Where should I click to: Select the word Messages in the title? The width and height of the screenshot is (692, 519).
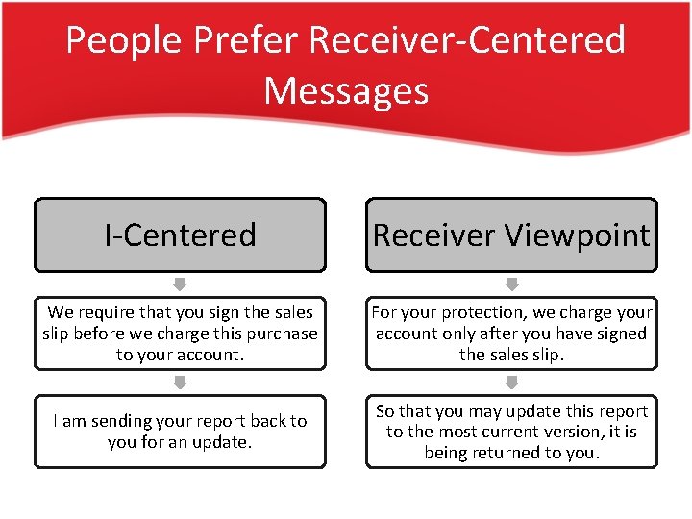(x=345, y=90)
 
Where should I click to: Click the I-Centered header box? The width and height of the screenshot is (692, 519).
(x=180, y=235)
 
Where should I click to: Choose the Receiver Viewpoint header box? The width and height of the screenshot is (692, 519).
(x=511, y=235)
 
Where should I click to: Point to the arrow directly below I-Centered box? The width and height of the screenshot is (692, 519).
(x=180, y=284)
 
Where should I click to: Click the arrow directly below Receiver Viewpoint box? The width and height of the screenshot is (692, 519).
(x=511, y=284)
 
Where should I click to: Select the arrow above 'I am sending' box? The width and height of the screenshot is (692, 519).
(x=180, y=382)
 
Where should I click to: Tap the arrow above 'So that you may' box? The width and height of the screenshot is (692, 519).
(x=511, y=382)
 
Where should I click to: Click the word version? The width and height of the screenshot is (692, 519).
(x=572, y=432)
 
